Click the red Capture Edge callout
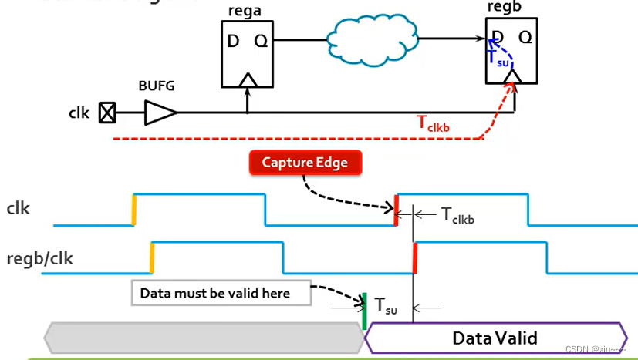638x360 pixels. (x=305, y=162)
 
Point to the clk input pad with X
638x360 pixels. (x=107, y=113)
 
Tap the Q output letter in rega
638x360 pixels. (x=262, y=41)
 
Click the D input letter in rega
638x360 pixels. (x=234, y=41)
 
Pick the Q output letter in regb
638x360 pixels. (x=525, y=37)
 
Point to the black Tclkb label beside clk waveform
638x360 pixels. (x=457, y=215)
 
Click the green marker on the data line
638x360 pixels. (x=364, y=311)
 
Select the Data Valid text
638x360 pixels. (x=495, y=338)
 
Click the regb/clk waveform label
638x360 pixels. (x=39, y=258)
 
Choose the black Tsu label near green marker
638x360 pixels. (x=387, y=305)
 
